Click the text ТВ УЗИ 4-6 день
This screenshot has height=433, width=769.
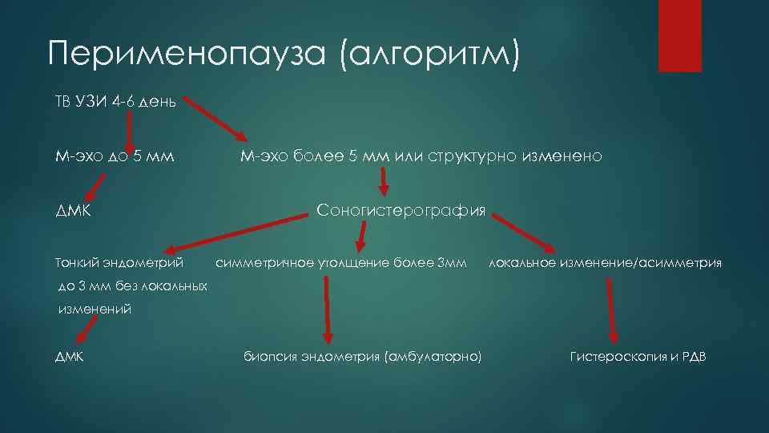click(x=115, y=102)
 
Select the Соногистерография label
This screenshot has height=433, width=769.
click(x=401, y=211)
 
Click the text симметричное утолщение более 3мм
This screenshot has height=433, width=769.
click(x=340, y=262)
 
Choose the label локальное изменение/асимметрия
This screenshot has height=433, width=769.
click(x=605, y=262)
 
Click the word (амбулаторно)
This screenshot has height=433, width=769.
click(x=433, y=356)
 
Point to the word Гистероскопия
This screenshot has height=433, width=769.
click(x=618, y=356)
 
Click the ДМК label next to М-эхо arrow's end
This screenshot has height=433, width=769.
click(x=72, y=211)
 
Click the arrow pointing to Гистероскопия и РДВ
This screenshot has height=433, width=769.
click(x=614, y=309)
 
